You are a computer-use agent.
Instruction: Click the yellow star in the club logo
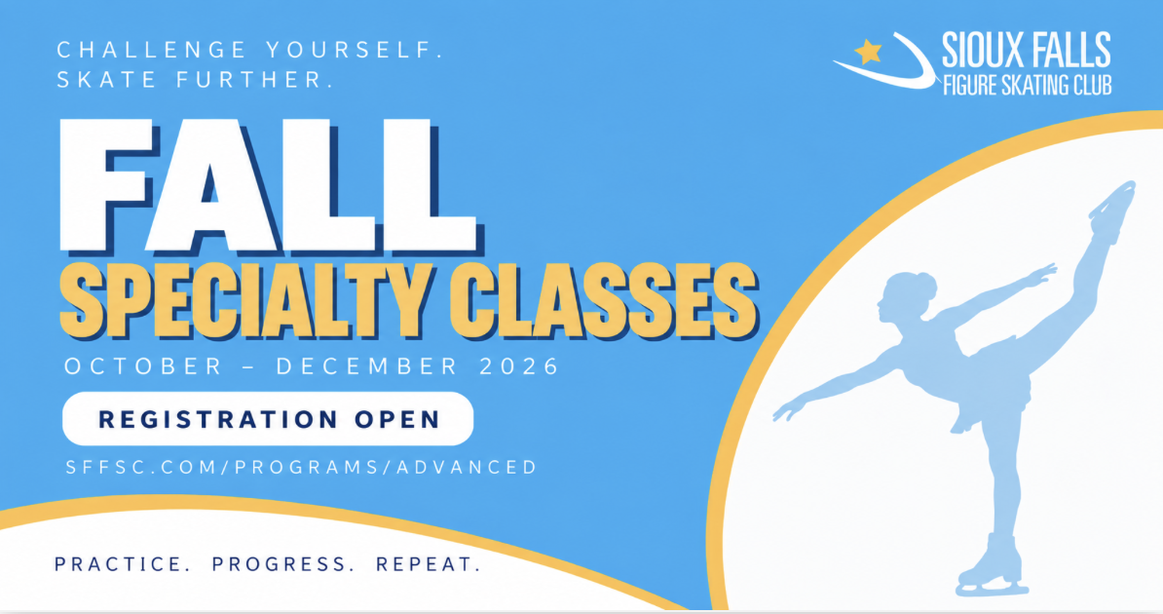[x=868, y=52]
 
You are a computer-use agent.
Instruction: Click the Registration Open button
[x=268, y=419]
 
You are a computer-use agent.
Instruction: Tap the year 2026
[x=519, y=366]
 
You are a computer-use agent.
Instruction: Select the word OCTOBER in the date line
[x=143, y=366]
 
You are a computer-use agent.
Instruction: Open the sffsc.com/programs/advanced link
[x=301, y=467]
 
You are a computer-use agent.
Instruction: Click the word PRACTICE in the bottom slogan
[x=119, y=564]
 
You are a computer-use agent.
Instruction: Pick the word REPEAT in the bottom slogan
[x=429, y=564]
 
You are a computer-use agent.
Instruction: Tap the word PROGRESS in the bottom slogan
[x=280, y=564]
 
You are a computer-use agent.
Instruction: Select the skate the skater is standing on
[x=993, y=565]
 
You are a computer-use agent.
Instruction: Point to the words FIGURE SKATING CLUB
[x=1028, y=85]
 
